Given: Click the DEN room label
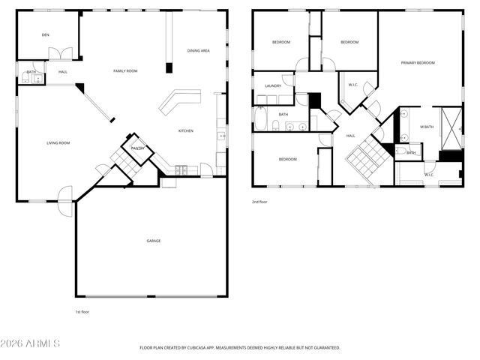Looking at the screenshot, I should pos(45,34).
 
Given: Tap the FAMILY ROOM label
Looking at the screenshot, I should pos(125,70).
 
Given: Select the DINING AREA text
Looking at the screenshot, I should pos(198,50).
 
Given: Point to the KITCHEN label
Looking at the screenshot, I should pos(185,130).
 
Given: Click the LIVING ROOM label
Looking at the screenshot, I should pos(58,142).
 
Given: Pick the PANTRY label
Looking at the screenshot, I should pos(138,148).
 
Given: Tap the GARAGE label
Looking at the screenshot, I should pos(153,241).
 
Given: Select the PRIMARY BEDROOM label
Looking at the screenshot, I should pos(418,63).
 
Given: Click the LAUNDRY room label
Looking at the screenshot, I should pos(273,85).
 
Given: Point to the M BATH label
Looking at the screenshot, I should pos(426,127).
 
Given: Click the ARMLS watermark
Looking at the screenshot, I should pos(31,343).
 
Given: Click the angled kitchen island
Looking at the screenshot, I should pos(179,100).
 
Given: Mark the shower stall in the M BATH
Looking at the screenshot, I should pos(451,128).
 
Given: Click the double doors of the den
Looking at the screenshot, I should pos(60,54).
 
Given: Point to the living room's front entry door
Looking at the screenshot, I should pos(66,195).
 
